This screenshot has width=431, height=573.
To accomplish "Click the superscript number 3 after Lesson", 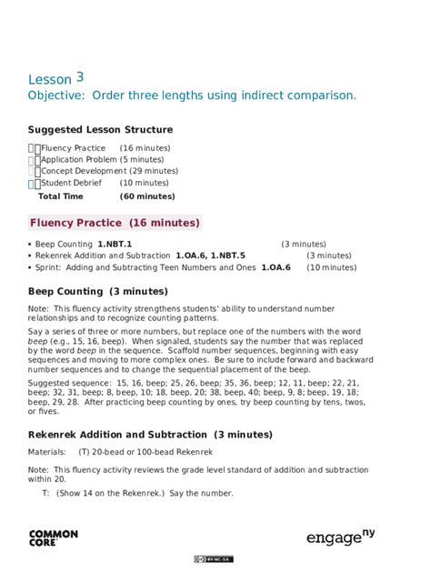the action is tap(80, 76).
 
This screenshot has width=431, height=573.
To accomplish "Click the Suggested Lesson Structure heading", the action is tap(100, 130).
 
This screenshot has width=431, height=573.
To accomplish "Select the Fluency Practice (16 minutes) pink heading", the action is tap(115, 223).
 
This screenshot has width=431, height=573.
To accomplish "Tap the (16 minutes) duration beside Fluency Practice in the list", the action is tap(145, 148).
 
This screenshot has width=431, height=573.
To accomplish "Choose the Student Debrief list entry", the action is tap(75, 183).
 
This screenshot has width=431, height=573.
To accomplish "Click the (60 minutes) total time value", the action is tap(147, 196).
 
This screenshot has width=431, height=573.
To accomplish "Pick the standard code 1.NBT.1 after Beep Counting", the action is tap(115, 245).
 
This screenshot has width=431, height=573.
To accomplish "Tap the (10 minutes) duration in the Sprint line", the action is tap(331, 267).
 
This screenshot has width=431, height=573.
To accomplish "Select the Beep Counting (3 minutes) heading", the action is tap(97, 292).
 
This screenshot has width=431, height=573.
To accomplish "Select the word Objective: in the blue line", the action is tap(56, 95).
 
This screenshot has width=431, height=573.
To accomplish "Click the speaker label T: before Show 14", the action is tap(45, 494).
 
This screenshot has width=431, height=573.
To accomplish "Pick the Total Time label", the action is tap(60, 196).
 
